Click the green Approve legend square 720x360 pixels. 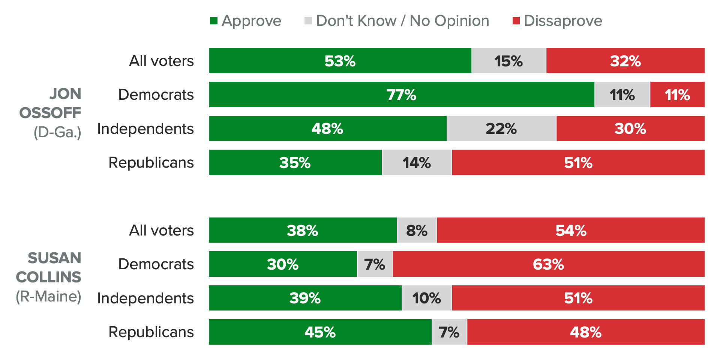point(214,21)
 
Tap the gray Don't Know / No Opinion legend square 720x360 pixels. point(308,21)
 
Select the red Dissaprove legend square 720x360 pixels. point(516,21)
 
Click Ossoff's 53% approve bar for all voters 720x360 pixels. point(340,61)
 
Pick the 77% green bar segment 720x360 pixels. point(401,94)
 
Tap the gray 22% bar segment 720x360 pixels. point(501,129)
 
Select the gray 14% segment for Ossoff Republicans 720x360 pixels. point(417,162)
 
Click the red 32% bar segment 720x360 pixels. point(625,61)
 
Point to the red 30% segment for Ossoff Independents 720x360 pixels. point(630,129)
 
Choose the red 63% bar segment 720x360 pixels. point(548,264)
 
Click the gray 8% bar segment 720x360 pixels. point(417,230)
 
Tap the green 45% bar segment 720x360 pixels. point(320,332)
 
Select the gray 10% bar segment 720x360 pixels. point(427,298)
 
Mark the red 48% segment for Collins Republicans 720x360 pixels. point(586,332)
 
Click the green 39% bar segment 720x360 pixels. point(305,298)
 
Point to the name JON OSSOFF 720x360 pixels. point(50,103)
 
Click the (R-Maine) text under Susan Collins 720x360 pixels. point(48,296)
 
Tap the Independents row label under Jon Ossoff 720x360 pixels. point(145,129)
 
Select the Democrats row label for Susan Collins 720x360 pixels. point(156,264)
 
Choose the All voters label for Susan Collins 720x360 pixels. point(161,230)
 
